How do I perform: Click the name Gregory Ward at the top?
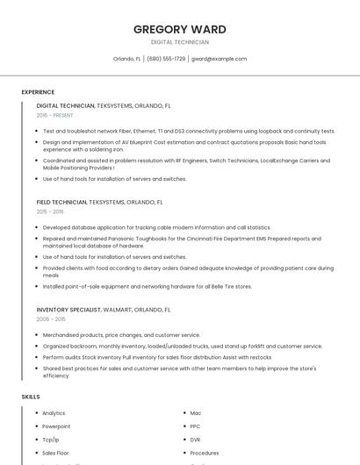179,29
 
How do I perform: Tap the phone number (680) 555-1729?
166,59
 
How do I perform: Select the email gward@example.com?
219,59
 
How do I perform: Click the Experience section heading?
38,92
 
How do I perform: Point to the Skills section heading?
31,397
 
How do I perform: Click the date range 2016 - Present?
55,115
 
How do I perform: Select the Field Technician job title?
61,202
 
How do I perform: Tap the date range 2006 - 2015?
50,319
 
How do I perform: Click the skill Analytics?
54,413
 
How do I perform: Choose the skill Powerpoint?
56,426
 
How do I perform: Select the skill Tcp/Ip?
51,440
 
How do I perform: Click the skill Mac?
196,413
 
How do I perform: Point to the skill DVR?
196,440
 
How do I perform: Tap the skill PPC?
196,426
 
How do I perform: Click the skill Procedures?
205,453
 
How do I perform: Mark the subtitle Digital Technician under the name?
179,42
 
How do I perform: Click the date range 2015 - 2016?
50,211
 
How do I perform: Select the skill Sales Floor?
55,453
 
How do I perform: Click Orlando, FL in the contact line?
127,59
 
